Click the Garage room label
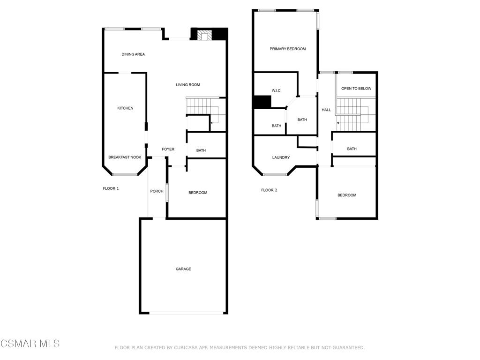pos(183,269)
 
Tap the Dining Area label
pos(133,54)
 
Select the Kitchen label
pos(125,108)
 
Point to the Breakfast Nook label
pos(125,157)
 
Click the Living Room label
pos(188,85)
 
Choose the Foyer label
pos(168,150)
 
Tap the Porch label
pos(157,191)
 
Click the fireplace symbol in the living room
pos(204,35)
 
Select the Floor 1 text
pos(111,188)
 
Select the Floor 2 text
pos(269,190)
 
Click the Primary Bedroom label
pos(287,49)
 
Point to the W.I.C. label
pos(277,90)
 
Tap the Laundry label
pos(281,157)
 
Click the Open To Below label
pos(356,89)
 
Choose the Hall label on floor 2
pos(326,110)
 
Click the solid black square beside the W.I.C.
pos(262,102)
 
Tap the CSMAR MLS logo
pos(30,344)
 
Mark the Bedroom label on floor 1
pos(198,193)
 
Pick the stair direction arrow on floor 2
pos(338,123)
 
